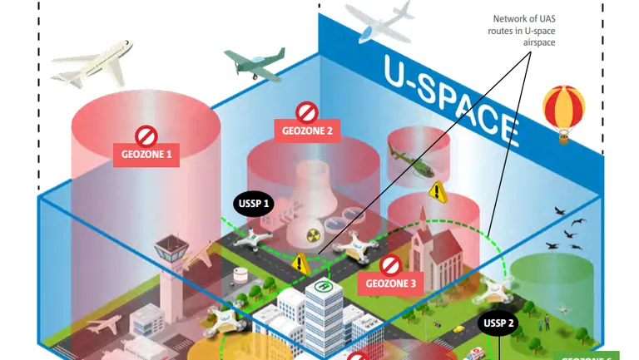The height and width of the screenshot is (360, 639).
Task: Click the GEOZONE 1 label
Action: pos(146,154)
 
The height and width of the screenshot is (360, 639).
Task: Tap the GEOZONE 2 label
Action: pos(307,131)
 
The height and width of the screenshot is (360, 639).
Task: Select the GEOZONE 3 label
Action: pos(390,284)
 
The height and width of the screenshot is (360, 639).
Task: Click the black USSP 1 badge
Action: pos(254,203)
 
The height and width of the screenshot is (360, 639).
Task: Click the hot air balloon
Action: pos(563,112)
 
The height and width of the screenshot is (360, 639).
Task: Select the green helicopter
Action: pos(410,158)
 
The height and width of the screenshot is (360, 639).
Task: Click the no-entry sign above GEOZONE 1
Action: pos(146,136)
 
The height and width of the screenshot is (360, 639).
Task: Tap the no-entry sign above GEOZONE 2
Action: pos(307,111)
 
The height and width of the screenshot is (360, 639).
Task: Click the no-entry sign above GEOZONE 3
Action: pos(390,265)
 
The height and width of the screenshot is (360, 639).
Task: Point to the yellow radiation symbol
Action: pos(315,235)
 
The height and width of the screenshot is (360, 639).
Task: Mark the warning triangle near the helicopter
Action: pos(438,192)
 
